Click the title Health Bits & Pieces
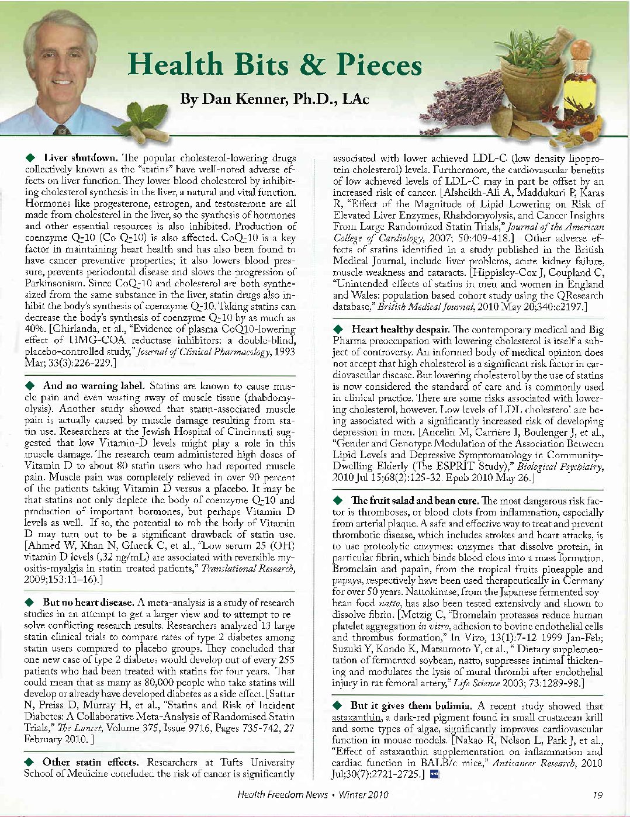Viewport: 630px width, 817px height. pos(275,64)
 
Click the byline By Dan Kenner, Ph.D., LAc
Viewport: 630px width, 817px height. pos(274,99)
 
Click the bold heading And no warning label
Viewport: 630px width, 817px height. pos(94,386)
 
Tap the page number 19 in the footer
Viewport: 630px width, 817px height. pos(597,795)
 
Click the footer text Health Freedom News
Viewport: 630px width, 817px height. pos(282,795)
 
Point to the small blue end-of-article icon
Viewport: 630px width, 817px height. pos(433,775)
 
